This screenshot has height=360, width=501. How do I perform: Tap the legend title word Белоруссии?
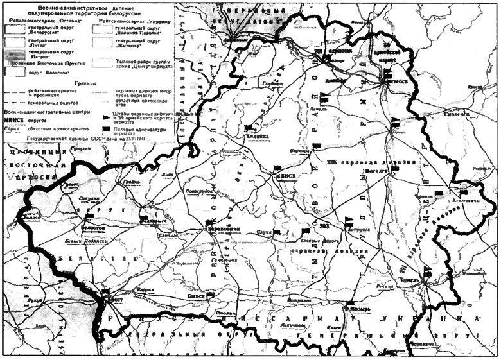[x=141, y=13]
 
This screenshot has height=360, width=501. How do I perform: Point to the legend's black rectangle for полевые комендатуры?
[x=107, y=129]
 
